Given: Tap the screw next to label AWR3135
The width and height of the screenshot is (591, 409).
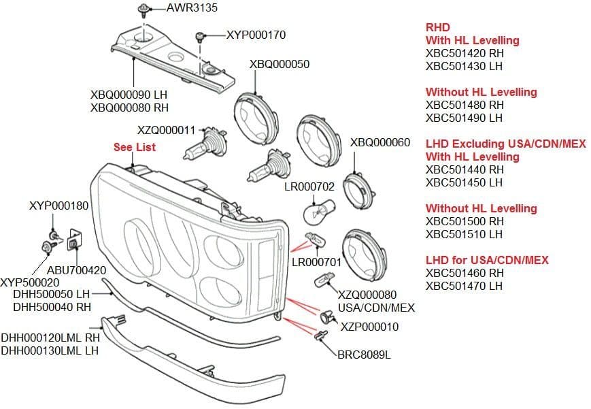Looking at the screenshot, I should pyautogui.click(x=144, y=10).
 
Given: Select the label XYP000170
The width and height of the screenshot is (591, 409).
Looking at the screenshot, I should pyautogui.click(x=256, y=35).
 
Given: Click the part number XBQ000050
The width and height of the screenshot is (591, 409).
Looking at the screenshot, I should pyautogui.click(x=280, y=65).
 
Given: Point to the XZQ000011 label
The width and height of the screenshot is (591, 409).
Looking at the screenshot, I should pyautogui.click(x=166, y=130).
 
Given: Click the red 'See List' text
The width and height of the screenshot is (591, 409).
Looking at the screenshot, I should pyautogui.click(x=135, y=147).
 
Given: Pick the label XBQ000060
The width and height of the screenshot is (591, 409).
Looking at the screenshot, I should pyautogui.click(x=380, y=143).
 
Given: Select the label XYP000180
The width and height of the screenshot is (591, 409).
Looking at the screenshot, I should pyautogui.click(x=59, y=205).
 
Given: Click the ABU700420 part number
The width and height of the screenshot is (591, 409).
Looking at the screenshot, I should pyautogui.click(x=76, y=269).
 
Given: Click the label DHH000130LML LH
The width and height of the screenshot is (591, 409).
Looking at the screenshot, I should pyautogui.click(x=50, y=350).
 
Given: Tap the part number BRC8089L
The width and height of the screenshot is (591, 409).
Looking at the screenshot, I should pyautogui.click(x=364, y=355).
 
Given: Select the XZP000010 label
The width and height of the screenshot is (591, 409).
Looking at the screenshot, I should pyautogui.click(x=370, y=327).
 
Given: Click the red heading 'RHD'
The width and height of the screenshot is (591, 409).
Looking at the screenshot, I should pyautogui.click(x=437, y=28).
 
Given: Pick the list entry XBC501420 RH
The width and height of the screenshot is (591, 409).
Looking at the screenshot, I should pyautogui.click(x=465, y=54).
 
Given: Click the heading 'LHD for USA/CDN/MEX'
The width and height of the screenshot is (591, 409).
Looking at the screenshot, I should pyautogui.click(x=487, y=260).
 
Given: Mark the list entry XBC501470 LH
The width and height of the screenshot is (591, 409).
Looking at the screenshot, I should pyautogui.click(x=464, y=286).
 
